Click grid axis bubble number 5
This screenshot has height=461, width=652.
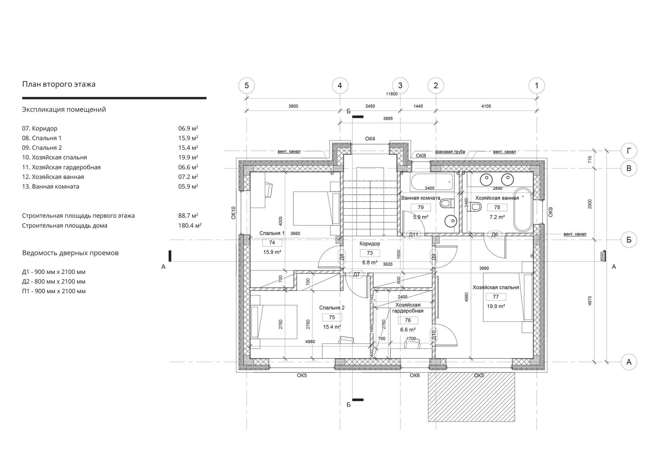click(x=247, y=86)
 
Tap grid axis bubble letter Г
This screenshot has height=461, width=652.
click(x=629, y=151)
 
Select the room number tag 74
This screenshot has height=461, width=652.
click(x=272, y=243)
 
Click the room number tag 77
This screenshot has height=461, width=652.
click(x=496, y=297)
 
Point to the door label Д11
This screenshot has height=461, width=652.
click(x=414, y=235)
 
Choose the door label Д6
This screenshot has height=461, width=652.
click(x=495, y=235)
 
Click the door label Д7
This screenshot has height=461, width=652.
click(x=356, y=275)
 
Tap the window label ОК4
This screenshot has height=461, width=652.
click(x=370, y=139)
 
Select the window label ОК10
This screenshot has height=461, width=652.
click(x=233, y=213)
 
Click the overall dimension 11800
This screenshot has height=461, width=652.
click(x=392, y=94)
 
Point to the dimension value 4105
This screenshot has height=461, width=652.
click(x=486, y=106)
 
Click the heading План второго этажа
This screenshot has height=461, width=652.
click(x=59, y=84)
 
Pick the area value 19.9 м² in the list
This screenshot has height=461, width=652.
click(x=188, y=157)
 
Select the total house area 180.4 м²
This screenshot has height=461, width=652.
click(x=190, y=225)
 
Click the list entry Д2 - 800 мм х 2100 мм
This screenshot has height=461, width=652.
click(x=54, y=281)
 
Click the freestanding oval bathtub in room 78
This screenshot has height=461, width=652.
click(x=523, y=210)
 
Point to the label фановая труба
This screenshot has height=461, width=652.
click(x=450, y=152)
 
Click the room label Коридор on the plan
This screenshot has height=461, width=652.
click(x=370, y=243)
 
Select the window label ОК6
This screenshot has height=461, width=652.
click(x=415, y=375)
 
